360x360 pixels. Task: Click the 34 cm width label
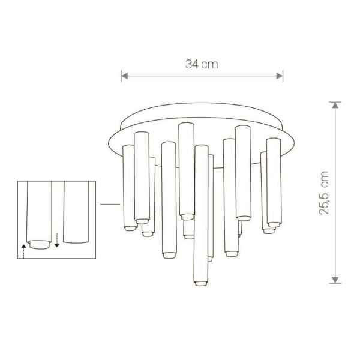point(202,65)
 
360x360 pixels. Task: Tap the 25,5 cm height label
point(325,193)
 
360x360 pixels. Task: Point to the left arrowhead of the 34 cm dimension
point(124,75)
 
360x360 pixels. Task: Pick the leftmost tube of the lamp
point(128,186)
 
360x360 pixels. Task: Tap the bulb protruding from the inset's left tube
point(40,244)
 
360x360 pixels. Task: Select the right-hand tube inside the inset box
point(76,213)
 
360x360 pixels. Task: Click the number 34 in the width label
point(192,65)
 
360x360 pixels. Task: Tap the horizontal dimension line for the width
point(202,75)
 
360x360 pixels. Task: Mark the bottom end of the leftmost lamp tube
point(129,227)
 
